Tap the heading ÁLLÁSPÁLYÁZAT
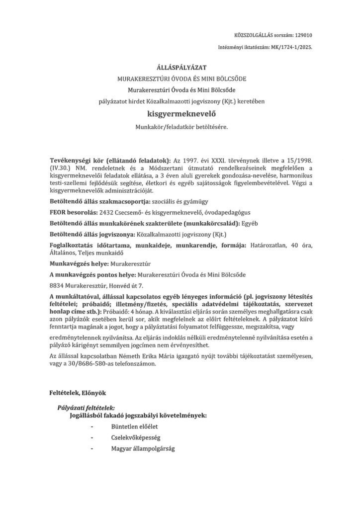click(x=180, y=68)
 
